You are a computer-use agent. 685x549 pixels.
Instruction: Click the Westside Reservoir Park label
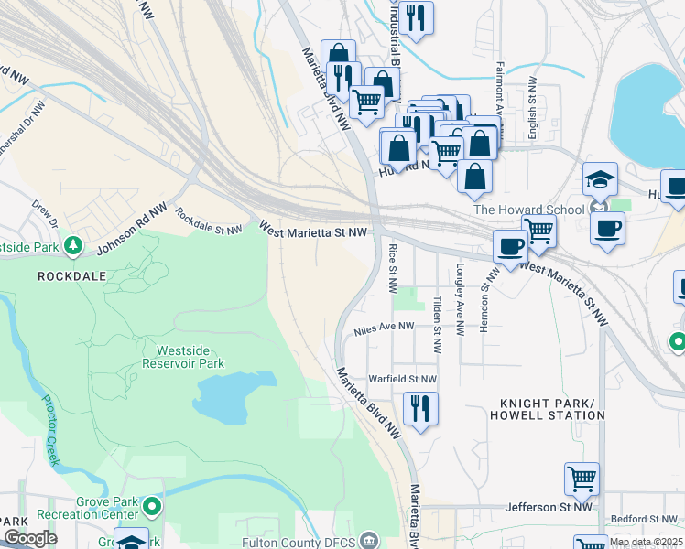pos(190,357)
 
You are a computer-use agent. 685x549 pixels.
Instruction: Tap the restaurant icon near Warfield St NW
pos(420,407)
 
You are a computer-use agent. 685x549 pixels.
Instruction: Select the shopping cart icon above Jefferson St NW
pos(582,478)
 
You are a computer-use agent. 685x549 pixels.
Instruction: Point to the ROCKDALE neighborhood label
pos(73,275)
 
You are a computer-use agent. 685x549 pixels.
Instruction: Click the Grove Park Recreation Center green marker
pos(153,505)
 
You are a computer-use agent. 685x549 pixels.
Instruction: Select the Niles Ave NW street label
pos(385,325)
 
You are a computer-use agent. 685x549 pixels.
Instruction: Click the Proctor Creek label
pos(43,430)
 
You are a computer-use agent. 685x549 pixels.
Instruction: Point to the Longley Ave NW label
pos(461,300)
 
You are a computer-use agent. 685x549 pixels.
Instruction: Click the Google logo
pos(29,538)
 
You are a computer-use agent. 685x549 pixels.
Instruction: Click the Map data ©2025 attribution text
pos(646,542)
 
